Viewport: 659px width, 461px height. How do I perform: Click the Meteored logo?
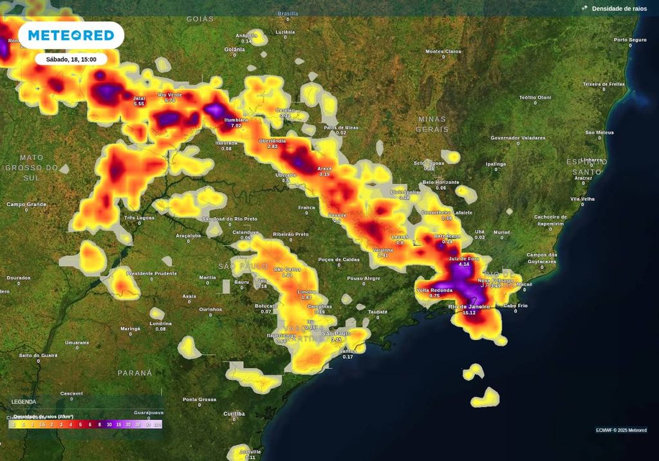tap(71, 35)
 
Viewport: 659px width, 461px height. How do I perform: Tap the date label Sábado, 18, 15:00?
tap(71, 59)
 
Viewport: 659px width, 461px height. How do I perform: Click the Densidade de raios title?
tap(619, 8)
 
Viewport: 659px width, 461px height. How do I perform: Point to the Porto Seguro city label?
tap(629, 40)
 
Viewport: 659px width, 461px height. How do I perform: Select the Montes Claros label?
tap(443, 52)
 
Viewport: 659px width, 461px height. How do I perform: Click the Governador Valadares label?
tap(517, 138)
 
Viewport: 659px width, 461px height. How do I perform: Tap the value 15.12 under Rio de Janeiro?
tap(469, 312)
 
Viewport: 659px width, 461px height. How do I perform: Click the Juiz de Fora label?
tap(464, 258)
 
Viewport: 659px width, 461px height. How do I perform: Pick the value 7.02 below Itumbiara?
tap(236, 126)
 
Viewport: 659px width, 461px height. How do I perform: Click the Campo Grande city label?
tap(26, 204)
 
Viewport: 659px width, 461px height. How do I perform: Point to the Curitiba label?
tap(234, 413)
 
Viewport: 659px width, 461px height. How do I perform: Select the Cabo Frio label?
tap(515, 305)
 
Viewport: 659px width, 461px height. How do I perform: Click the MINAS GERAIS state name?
tap(432, 124)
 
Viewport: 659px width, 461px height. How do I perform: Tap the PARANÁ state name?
tap(135, 373)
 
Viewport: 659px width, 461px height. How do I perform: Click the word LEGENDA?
tap(24, 402)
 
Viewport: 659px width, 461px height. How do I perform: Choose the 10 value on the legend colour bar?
tap(109, 425)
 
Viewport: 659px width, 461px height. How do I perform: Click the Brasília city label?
tap(288, 13)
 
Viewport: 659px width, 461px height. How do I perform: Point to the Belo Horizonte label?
tap(441, 182)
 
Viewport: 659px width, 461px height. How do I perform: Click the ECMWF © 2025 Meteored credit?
tap(621, 430)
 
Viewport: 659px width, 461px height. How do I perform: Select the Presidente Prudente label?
tap(152, 273)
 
